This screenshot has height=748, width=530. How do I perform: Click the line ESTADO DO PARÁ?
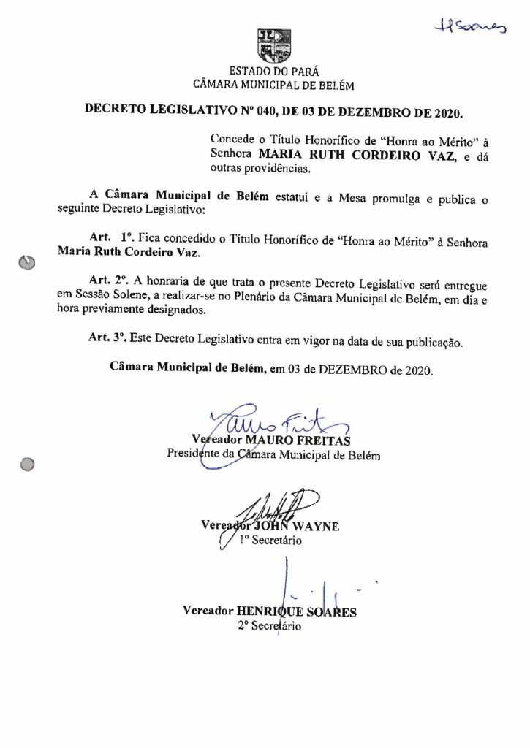pyautogui.click(x=273, y=72)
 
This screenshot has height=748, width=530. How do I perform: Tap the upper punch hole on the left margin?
pyautogui.click(x=27, y=262)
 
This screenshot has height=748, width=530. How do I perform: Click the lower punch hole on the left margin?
pyautogui.click(x=28, y=463)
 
